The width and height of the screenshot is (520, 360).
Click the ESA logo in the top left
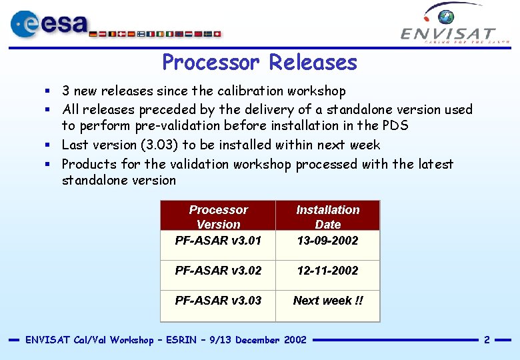(x=50, y=24)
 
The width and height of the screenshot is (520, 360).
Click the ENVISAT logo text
(x=448, y=33)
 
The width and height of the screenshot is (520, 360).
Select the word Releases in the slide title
(x=313, y=63)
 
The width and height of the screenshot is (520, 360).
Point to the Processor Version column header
(x=218, y=217)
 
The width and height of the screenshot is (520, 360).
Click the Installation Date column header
(x=327, y=217)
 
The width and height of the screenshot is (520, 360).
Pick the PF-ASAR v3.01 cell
(x=218, y=241)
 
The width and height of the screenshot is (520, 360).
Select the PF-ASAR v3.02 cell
(x=218, y=271)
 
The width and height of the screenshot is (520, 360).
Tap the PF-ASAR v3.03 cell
(x=218, y=301)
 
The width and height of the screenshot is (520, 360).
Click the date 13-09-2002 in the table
(x=327, y=241)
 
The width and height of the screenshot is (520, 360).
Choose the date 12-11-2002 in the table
(x=327, y=271)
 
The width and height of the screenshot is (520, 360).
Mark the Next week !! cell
(x=328, y=301)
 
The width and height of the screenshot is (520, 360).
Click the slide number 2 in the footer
(x=487, y=340)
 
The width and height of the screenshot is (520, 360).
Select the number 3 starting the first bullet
(x=66, y=91)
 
